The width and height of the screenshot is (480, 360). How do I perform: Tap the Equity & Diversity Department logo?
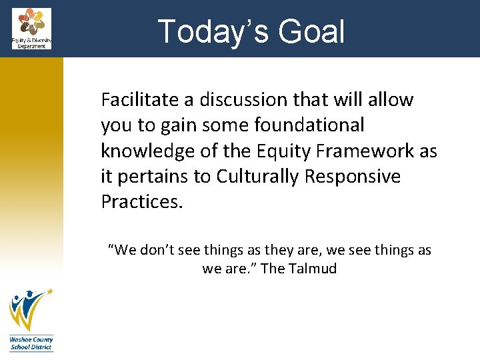tap(31, 28)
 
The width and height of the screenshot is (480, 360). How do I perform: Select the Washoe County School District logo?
tap(31, 319)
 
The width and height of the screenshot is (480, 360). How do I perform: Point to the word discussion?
tap(233, 100)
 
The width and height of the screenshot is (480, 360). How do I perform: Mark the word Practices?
tap(141, 202)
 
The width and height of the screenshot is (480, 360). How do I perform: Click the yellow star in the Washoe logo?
tap(49, 292)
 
